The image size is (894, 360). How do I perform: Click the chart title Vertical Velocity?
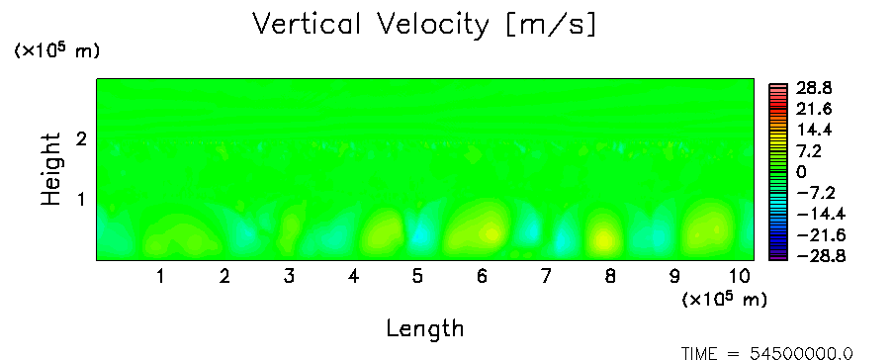coord(370,25)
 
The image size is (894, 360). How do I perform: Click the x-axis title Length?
coord(425,328)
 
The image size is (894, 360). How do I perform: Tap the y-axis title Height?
coord(51,169)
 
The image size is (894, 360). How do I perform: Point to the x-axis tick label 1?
coord(161,277)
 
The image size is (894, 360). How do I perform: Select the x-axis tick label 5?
coord(418,277)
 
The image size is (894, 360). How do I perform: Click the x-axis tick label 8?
coord(610,277)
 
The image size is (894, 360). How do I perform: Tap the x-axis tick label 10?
coord(740,277)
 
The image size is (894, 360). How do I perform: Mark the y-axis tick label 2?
coord(81,138)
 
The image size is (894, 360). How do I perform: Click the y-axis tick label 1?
coord(81,200)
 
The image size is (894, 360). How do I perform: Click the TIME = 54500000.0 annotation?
coord(767,354)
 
